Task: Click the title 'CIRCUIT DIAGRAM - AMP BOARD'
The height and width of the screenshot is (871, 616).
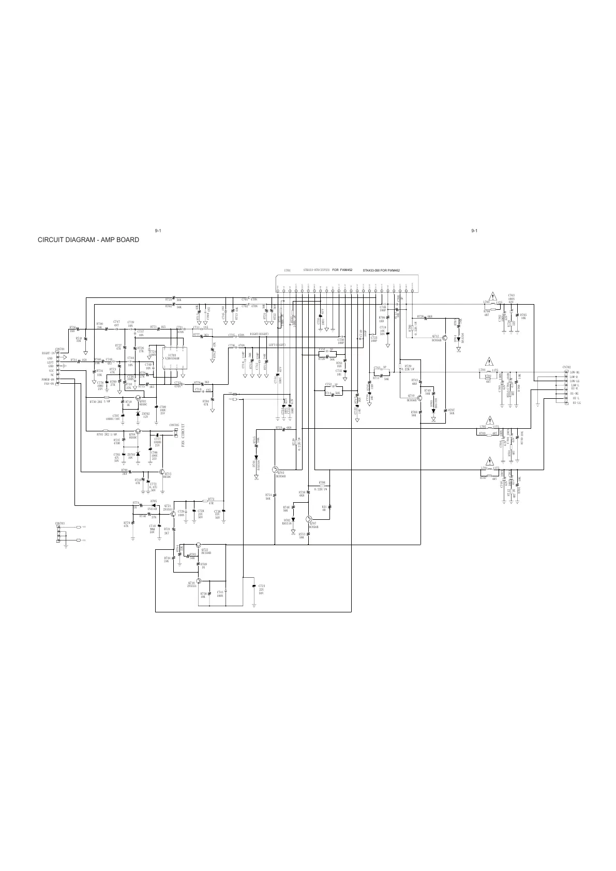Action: [88, 240]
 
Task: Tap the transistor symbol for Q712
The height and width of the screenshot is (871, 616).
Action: [444, 329]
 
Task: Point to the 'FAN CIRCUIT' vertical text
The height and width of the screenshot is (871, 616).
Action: [183, 435]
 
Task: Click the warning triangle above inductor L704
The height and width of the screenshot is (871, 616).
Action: [489, 361]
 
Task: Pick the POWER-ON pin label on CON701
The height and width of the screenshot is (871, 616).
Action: [49, 379]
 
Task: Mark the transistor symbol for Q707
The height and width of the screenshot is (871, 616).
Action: [308, 519]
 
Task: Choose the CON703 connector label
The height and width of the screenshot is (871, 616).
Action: [59, 523]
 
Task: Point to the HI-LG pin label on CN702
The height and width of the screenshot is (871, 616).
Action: [576, 403]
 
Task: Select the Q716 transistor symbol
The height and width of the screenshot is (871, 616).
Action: [198, 581]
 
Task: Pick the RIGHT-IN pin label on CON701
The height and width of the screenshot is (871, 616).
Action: [49, 354]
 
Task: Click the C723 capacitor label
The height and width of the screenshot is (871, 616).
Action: [262, 585]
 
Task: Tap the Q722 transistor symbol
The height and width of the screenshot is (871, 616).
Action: [199, 545]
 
